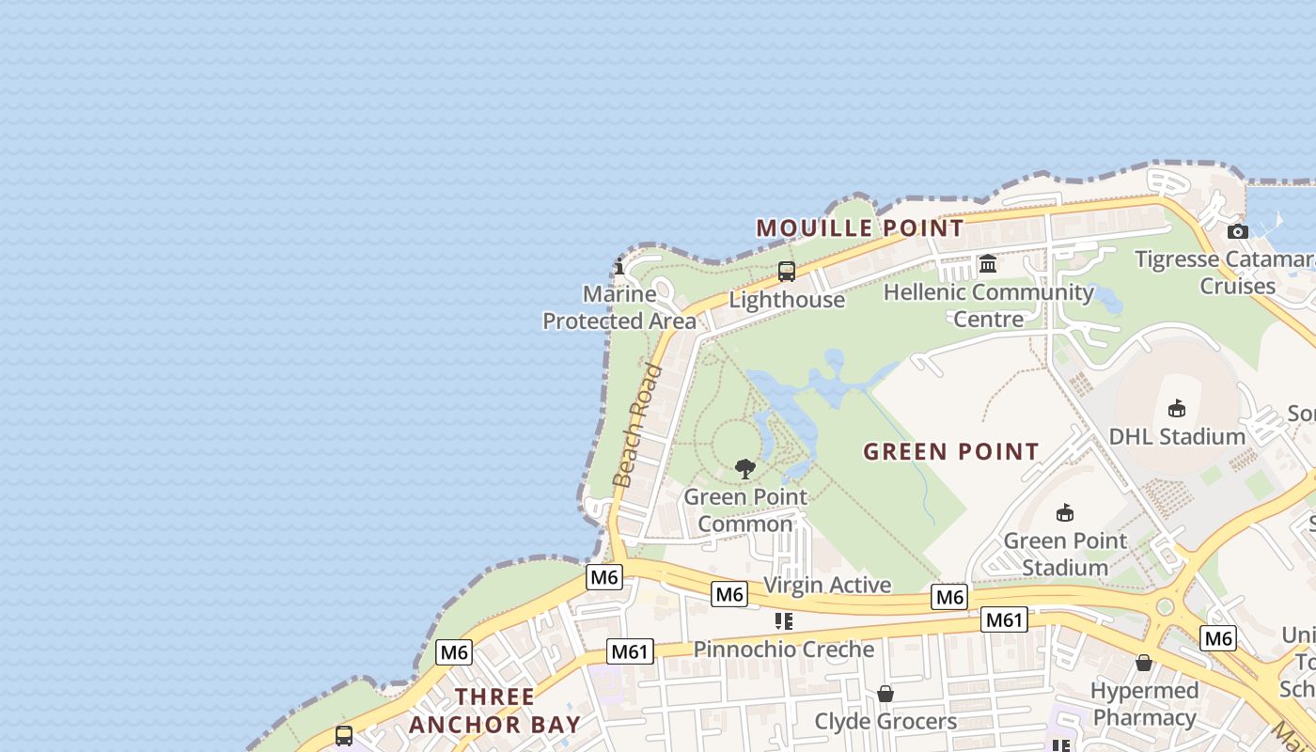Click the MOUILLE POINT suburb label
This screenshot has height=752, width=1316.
(860, 228)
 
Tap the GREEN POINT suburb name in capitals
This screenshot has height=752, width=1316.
(950, 452)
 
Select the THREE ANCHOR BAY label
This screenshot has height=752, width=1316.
(495, 711)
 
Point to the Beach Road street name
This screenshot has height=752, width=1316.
(637, 426)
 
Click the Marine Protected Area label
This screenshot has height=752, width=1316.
(619, 307)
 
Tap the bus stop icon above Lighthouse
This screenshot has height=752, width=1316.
(787, 272)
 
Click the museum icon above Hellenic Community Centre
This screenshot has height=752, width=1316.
(988, 264)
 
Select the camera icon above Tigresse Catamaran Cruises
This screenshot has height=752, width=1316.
(1238, 231)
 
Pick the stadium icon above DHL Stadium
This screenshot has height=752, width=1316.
(1176, 408)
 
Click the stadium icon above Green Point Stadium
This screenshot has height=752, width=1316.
(1065, 512)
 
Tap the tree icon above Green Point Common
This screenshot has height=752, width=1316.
(745, 468)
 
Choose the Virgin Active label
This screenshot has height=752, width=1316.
(827, 585)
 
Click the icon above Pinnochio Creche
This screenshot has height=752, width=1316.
(784, 621)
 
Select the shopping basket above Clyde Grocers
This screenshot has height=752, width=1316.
(885, 694)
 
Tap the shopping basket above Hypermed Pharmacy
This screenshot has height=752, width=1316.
(1144, 663)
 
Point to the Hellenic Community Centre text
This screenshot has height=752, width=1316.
(989, 305)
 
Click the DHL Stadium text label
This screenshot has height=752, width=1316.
(1177, 437)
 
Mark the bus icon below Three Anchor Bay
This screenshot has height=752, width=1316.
(344, 735)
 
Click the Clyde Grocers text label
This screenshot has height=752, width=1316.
(885, 722)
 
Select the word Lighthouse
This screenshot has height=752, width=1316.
(787, 300)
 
